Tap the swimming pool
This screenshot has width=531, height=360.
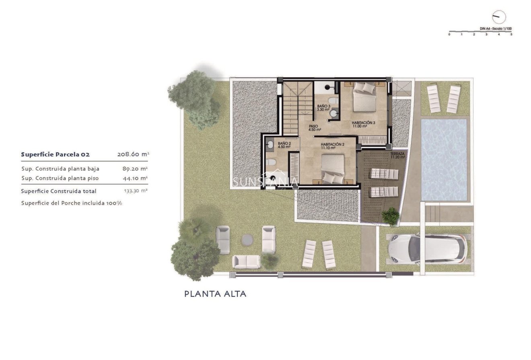point(444,159)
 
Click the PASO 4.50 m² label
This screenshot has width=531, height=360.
point(314,128)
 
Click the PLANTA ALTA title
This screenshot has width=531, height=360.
point(215,294)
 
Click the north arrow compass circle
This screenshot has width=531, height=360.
point(499,17)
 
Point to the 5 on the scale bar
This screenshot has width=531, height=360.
point(511,35)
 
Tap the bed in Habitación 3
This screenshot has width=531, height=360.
point(365,97)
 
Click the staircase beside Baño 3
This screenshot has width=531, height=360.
point(298,108)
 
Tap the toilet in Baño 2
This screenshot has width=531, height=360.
point(271,163)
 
